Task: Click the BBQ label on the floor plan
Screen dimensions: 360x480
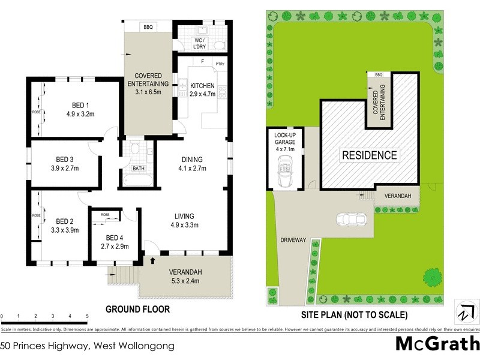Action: [148, 26]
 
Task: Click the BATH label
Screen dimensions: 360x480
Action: [139, 169]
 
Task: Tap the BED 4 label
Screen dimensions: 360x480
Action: [113, 237]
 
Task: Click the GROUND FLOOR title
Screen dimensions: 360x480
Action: [137, 310]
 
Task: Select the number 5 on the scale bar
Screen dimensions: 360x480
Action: [87, 316]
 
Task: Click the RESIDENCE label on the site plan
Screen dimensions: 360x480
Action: [369, 155]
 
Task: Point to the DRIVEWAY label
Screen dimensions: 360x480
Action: [292, 240]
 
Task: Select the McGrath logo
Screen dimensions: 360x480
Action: [437, 344]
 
